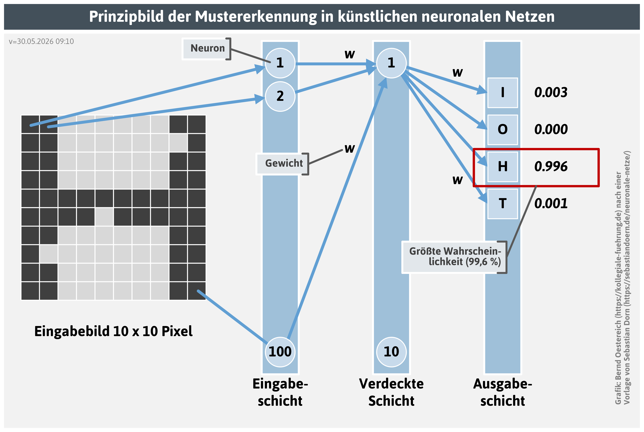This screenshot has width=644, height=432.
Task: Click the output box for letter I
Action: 503,93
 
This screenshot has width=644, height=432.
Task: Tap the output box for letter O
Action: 503,130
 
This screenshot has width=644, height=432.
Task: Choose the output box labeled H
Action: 503,167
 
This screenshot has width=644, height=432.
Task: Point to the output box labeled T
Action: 503,204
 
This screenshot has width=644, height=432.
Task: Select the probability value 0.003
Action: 551,93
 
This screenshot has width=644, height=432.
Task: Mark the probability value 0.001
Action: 551,204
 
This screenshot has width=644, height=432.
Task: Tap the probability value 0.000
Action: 551,130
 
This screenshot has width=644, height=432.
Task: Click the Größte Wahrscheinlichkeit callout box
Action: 454,257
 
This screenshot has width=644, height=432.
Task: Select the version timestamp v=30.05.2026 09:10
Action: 41,42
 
